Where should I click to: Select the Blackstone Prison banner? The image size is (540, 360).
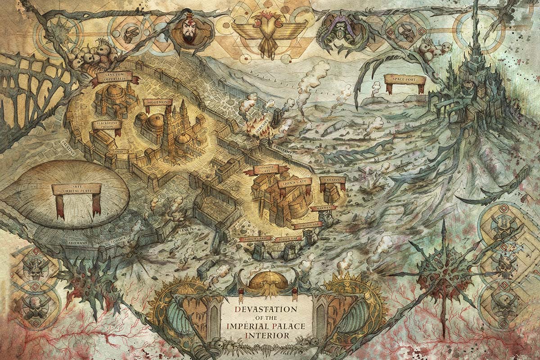[x=107, y=125]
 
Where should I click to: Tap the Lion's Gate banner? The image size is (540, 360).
[x=295, y=184]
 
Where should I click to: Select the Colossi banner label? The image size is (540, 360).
[x=332, y=180]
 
